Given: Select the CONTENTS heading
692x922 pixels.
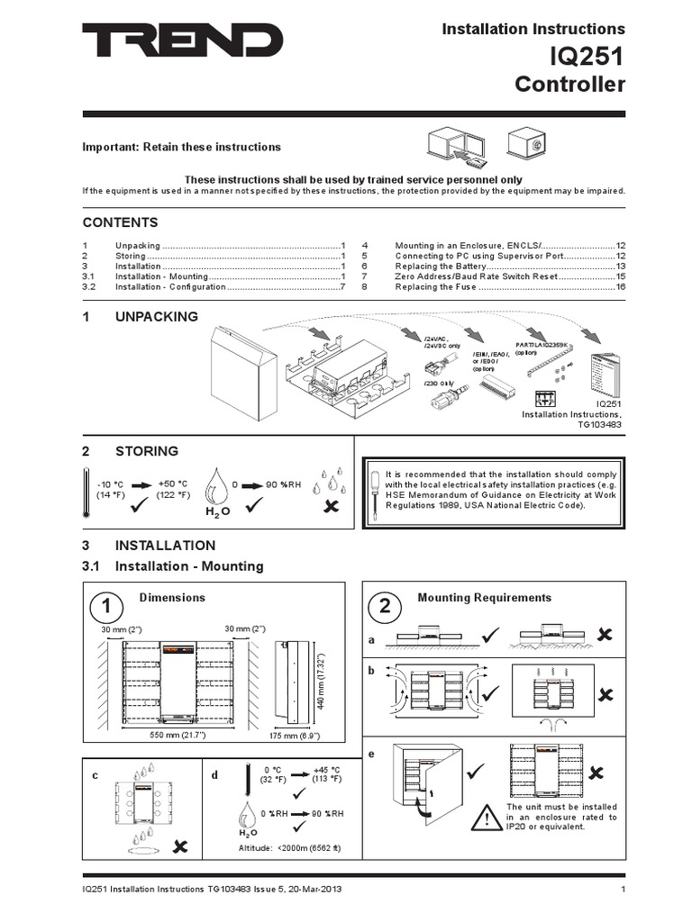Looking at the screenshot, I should pyautogui.click(x=121, y=222).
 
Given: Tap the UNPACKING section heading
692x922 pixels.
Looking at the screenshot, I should pyautogui.click(x=156, y=316).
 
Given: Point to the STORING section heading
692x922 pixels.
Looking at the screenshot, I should pyautogui.click(x=146, y=451).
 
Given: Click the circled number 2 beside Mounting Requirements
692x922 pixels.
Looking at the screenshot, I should pyautogui.click(x=385, y=606).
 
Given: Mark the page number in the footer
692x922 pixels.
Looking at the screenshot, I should pyautogui.click(x=623, y=890).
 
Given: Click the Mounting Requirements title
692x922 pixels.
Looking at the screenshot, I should pyautogui.click(x=484, y=598).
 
